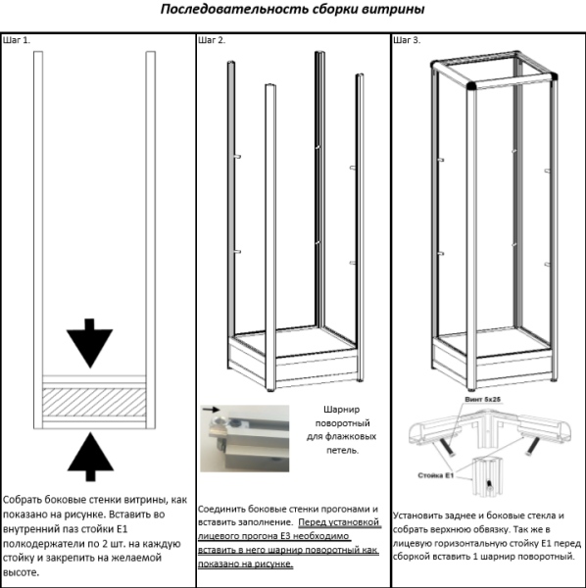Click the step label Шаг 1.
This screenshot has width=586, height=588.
point(17,40)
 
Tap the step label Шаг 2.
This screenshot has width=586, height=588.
point(212,40)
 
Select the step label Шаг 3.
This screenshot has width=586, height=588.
point(407,40)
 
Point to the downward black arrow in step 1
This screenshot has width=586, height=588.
point(89,343)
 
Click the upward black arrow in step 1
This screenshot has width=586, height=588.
point(90,457)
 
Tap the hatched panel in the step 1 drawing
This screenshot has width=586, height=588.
point(94,402)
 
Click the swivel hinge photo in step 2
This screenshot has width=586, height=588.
point(244,438)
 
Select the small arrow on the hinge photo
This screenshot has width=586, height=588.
point(212,410)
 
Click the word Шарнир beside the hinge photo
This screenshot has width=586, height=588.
point(341,410)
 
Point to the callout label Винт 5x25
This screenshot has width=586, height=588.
point(482,400)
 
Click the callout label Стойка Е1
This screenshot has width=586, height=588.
point(436,475)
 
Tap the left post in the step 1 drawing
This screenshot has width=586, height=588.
point(38,240)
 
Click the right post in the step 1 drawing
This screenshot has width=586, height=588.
point(150,240)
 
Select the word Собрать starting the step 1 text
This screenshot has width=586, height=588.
point(23,500)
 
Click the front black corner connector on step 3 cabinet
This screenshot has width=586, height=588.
point(471,86)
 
